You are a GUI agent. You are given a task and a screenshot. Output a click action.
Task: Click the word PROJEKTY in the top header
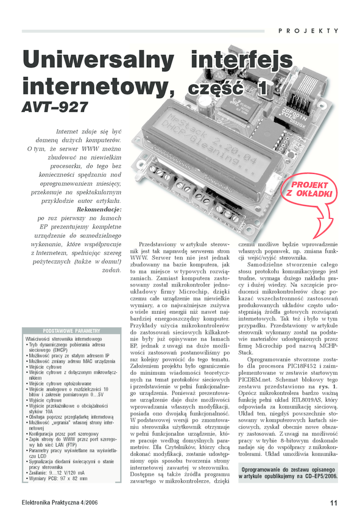tap(308, 30)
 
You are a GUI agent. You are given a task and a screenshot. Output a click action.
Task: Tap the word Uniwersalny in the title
tap(98, 60)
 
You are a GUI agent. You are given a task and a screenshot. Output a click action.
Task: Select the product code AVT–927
tap(55, 107)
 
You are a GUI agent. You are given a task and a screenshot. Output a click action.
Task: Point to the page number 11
tap(334, 503)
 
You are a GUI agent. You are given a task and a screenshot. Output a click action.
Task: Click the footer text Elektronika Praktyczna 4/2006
tap(60, 503)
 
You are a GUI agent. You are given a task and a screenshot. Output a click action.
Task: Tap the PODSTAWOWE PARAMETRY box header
tap(71, 331)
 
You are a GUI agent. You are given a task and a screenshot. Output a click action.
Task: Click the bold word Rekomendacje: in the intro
tap(99, 210)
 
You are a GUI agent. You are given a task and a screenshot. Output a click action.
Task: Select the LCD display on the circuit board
tap(211, 149)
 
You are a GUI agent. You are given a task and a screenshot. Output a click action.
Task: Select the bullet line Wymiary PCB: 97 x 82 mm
tap(57, 478)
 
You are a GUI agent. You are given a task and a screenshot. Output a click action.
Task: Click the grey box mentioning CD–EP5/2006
tap(288, 473)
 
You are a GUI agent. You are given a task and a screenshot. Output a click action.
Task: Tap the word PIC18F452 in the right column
tap(300, 366)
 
